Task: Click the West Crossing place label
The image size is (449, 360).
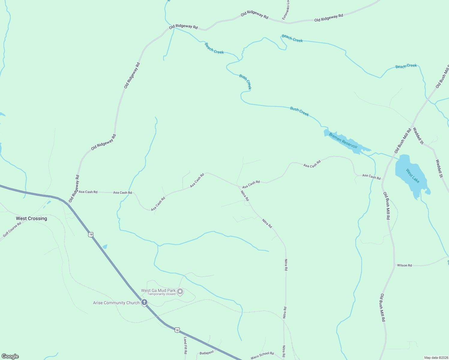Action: point(32,218)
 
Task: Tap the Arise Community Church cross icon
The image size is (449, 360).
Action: point(144,302)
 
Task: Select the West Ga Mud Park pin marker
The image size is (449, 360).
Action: point(180,291)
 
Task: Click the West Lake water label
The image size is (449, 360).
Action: point(412,176)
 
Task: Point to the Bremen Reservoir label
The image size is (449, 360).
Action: point(343,140)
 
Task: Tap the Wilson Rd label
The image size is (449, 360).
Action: point(404,265)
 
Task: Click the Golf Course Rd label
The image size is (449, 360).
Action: point(12,229)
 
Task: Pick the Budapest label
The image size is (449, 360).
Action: point(207,353)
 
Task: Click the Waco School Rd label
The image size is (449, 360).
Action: point(262,355)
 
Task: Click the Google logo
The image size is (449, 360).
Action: point(10,356)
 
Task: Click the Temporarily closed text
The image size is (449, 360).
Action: point(161,294)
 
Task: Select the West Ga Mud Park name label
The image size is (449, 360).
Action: point(158,290)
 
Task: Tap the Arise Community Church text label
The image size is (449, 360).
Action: point(116,303)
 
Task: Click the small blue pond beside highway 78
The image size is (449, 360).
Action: point(105,247)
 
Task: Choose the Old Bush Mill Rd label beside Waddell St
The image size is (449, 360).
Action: point(403,140)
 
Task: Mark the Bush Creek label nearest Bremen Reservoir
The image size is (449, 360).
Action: point(299,111)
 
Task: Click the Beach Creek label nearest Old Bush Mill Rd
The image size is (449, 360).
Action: point(406,66)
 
